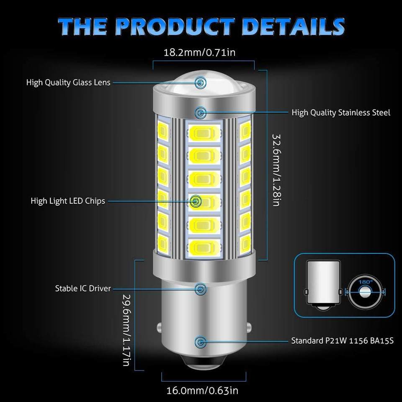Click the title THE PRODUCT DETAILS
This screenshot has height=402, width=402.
201,26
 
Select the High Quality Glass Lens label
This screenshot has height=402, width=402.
68,82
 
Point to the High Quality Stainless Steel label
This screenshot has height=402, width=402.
341,112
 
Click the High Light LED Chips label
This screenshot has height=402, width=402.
68,201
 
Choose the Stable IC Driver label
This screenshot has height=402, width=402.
83,288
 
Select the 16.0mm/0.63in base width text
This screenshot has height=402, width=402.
203,391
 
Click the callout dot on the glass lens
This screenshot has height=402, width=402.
201,82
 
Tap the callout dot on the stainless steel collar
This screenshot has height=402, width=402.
201,112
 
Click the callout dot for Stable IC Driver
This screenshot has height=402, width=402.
201,288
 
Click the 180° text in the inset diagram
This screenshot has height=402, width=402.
365,282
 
